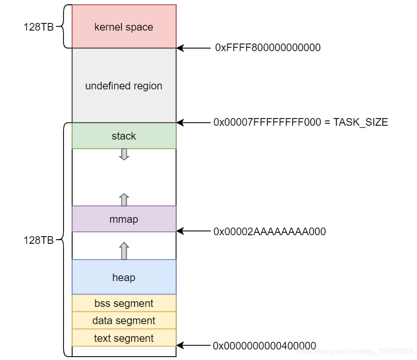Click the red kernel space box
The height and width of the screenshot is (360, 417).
[124, 27]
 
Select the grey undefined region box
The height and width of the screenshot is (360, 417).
[124, 86]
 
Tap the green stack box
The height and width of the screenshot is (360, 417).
[124, 136]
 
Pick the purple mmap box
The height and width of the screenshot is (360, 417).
[124, 219]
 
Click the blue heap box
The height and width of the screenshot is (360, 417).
[124, 277]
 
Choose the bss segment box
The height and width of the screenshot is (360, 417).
[124, 304]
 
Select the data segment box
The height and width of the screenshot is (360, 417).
[124, 321]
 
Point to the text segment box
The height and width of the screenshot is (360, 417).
[124, 338]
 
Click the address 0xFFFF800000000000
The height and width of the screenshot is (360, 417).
[267, 48]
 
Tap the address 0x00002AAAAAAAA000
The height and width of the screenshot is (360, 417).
[269, 232]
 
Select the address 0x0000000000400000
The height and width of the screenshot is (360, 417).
[264, 345]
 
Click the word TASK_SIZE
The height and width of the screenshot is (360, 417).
[361, 122]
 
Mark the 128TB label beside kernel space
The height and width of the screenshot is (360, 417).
[38, 27]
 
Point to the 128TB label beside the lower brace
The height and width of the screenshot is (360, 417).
[38, 240]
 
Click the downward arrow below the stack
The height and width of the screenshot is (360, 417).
[124, 154]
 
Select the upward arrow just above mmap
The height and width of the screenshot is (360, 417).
[124, 199]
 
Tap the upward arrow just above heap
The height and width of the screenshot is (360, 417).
[124, 251]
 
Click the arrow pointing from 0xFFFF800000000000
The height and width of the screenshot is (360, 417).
[193, 48]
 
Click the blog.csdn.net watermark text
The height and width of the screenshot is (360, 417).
[354, 352]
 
